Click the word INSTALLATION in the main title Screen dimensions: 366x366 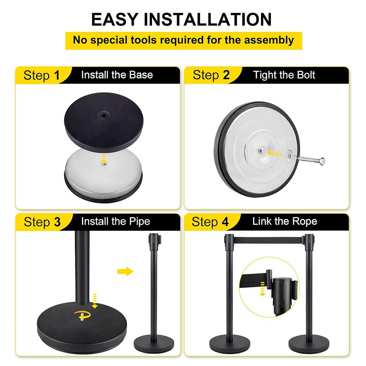click(208, 19)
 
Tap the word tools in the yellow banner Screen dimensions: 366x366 click(143, 40)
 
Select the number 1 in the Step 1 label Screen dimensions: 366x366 click(57, 76)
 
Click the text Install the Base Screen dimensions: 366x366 click(117, 75)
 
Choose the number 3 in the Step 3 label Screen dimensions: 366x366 click(57, 222)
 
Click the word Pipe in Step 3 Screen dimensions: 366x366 click(139, 221)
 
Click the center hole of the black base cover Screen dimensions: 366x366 click(103, 115)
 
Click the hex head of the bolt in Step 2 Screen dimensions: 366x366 click(322, 161)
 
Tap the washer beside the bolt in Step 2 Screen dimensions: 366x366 click(289, 156)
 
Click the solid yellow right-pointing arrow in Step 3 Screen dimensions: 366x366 click(125, 272)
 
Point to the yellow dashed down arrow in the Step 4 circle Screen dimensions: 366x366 click(263, 289)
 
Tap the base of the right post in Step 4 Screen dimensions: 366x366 click(309, 344)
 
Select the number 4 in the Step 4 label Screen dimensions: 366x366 click(225, 222)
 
